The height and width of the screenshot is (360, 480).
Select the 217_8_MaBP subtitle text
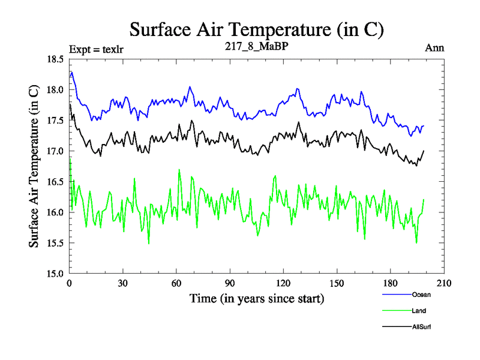pyautogui.click(x=255, y=47)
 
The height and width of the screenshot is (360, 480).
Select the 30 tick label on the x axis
pyautogui.click(x=123, y=284)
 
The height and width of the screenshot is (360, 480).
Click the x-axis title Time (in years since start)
pyautogui.click(x=257, y=298)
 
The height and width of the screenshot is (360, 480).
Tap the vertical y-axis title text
pyautogui.click(x=35, y=166)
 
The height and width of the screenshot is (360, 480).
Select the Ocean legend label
pyautogui.click(x=421, y=295)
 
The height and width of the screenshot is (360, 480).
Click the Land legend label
pyautogui.click(x=419, y=311)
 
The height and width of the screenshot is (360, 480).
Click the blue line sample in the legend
pyautogui.click(x=397, y=295)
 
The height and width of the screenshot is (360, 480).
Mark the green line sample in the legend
pyautogui.click(x=397, y=311)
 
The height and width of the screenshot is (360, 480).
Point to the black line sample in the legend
pyautogui.click(x=397, y=327)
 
